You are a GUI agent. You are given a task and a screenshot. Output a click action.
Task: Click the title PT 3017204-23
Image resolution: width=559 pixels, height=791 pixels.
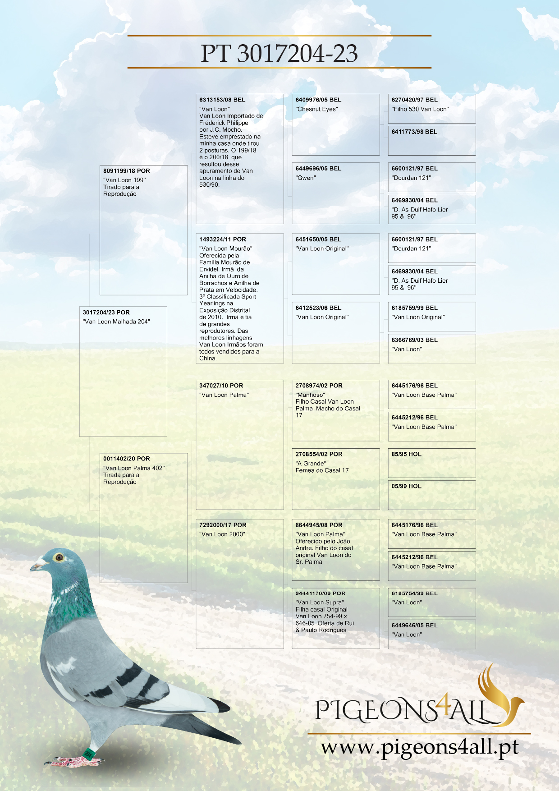click(x=279, y=53)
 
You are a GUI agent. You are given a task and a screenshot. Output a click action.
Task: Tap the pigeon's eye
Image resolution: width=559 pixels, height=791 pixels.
click(x=59, y=557)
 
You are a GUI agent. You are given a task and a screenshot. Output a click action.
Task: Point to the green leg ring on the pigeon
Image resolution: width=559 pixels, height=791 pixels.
click(x=88, y=753)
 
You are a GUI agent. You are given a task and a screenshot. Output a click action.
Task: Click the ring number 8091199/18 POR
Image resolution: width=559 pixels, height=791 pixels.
click(x=126, y=171)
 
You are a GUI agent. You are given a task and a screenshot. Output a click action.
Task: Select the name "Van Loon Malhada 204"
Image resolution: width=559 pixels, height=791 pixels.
click(x=116, y=322)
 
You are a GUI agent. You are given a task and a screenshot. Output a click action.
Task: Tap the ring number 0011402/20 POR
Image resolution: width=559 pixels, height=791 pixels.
click(x=126, y=459)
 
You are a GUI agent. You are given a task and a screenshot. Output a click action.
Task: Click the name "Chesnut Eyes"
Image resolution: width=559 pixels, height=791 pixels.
click(x=316, y=109)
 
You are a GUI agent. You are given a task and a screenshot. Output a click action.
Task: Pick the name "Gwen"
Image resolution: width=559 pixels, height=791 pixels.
click(x=306, y=178)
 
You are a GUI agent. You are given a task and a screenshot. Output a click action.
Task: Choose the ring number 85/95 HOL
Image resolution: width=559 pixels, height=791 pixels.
click(x=406, y=454)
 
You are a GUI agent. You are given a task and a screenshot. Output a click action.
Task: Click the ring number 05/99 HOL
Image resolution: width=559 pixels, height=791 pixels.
click(x=406, y=486)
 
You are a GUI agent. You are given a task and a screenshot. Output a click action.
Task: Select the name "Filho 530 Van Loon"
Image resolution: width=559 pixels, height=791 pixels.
click(x=420, y=109)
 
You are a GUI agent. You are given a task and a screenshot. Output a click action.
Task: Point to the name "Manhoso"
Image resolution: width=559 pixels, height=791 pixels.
click(x=310, y=395)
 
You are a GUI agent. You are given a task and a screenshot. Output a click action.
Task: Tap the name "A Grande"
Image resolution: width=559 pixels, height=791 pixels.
click(x=311, y=463)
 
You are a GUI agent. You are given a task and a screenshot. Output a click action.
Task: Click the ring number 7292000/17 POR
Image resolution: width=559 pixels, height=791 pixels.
click(x=223, y=525)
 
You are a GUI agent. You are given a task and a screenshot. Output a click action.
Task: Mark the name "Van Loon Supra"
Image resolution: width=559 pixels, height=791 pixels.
click(x=320, y=602)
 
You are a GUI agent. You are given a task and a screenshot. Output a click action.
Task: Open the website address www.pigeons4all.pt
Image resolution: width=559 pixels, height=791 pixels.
click(x=420, y=747)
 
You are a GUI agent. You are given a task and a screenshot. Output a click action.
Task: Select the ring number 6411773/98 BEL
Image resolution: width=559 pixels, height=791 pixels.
click(x=414, y=132)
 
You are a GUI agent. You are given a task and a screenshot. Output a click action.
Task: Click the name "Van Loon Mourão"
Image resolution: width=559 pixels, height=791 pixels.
click(x=226, y=248)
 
